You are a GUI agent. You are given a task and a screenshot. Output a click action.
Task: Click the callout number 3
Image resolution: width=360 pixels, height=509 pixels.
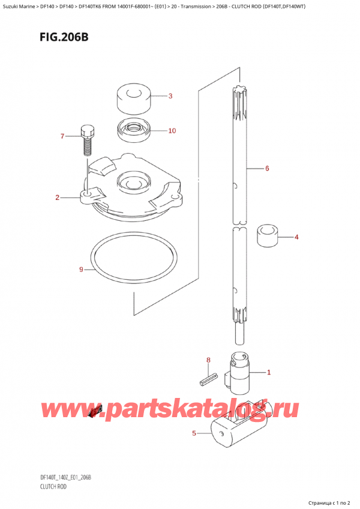170,96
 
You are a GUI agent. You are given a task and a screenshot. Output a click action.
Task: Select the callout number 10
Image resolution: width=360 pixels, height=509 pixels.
172,131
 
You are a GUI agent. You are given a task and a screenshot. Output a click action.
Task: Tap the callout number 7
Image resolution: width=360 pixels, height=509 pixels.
62,137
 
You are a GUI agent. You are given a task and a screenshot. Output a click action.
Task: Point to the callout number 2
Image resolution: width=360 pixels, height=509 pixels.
58,197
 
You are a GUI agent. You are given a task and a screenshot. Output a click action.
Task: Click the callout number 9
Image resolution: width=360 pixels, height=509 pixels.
82,270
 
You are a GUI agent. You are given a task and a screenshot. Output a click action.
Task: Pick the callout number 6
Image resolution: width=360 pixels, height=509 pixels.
266,169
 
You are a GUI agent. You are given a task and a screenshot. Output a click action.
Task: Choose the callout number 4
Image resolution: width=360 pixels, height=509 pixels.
296,237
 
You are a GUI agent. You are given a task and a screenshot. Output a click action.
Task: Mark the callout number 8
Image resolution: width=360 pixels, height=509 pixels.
209,360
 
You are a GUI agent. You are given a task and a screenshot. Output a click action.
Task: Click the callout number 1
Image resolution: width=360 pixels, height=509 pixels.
269,373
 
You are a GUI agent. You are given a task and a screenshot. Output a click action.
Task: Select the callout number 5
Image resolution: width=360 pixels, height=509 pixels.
194,432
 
